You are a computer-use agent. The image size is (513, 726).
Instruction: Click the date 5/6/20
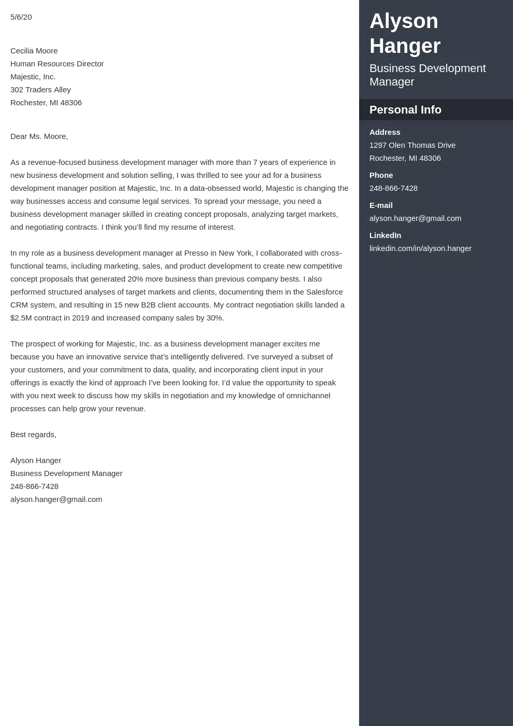(x=21, y=17)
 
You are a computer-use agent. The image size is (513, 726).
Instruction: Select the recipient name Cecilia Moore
(x=34, y=51)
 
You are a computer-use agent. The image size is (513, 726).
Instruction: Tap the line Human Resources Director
(x=57, y=64)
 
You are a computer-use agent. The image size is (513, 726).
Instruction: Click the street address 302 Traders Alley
(x=40, y=90)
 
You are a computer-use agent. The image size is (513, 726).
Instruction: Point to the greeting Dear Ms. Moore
(x=39, y=136)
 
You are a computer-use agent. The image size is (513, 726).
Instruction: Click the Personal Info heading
(x=405, y=110)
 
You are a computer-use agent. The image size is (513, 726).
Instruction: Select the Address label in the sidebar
(x=384, y=132)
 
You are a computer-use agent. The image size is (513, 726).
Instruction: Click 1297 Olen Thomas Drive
(x=412, y=145)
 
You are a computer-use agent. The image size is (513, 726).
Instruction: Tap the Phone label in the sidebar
(x=381, y=175)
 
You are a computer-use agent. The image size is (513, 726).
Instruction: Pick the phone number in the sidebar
(x=393, y=188)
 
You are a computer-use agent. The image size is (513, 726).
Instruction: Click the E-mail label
(x=381, y=205)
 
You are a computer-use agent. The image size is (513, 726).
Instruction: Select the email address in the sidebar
(x=415, y=218)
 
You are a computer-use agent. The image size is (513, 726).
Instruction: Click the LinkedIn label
(x=385, y=235)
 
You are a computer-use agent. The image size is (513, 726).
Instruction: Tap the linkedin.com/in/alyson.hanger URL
(x=420, y=248)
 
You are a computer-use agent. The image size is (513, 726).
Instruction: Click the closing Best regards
(x=33, y=435)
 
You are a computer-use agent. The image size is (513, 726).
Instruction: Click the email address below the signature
(x=56, y=499)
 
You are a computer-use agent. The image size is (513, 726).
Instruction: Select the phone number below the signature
(x=34, y=486)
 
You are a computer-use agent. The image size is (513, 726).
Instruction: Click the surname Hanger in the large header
(x=405, y=46)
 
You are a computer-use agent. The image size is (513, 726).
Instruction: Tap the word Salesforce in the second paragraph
(x=324, y=292)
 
